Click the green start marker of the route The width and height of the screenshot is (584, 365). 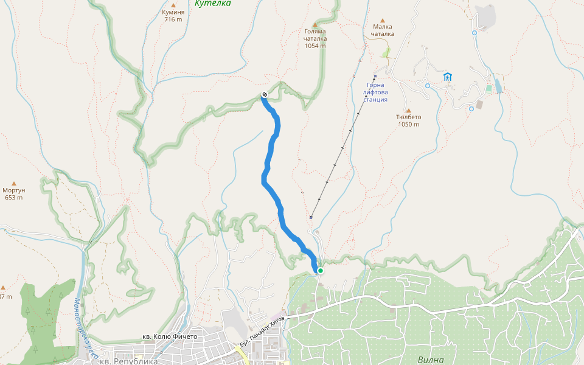pyautogui.click(x=320, y=271)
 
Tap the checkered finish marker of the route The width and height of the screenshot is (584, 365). pyautogui.click(x=265, y=94)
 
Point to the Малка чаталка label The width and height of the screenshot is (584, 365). pyautogui.click(x=383, y=30)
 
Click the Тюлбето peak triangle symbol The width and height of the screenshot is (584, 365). pyautogui.click(x=408, y=111)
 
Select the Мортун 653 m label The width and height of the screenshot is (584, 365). pyautogui.click(x=14, y=193)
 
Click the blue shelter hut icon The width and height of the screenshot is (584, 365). pyautogui.click(x=448, y=77)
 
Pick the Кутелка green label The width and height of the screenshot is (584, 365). pyautogui.click(x=212, y=4)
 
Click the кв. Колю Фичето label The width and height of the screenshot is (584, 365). pyautogui.click(x=170, y=336)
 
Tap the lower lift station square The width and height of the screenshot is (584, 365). pyautogui.click(x=311, y=217)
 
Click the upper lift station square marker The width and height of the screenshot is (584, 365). pyautogui.click(x=375, y=76)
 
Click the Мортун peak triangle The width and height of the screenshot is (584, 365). pyautogui.click(x=14, y=182)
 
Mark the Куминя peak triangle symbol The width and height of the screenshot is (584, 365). pyautogui.click(x=173, y=5)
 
